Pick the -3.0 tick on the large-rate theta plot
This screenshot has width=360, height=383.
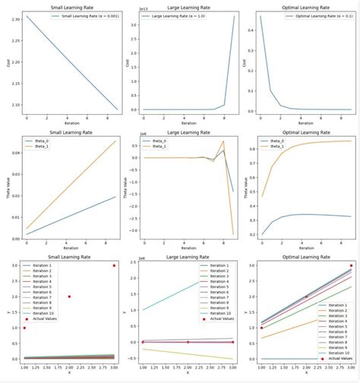135,230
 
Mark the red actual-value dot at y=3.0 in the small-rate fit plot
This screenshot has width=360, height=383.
115,266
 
